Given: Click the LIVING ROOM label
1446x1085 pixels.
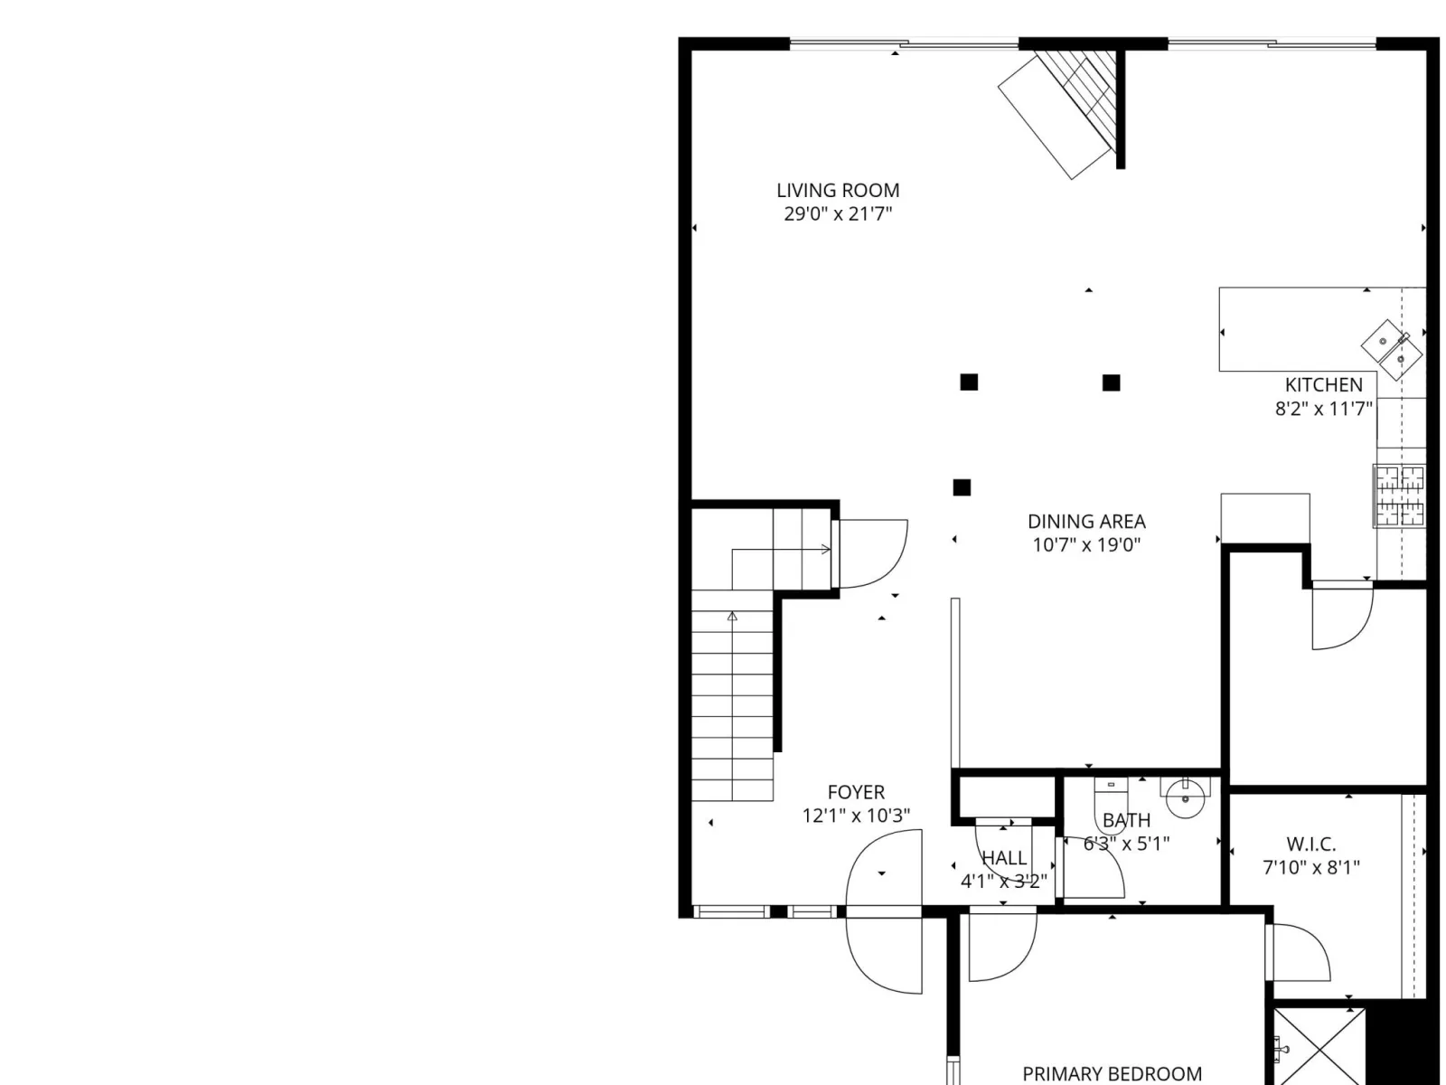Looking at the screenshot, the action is pos(837,191).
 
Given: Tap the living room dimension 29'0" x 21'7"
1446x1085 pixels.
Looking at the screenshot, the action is pos(837,214).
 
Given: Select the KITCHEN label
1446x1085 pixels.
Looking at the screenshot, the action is pos(1323,385).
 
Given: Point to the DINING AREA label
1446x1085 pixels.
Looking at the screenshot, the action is pos(1086,522).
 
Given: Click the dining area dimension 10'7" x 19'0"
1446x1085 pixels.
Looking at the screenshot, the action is pos(1086,545).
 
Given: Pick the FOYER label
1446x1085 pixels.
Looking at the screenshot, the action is pos(856,792).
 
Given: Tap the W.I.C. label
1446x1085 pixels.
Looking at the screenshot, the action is pos(1311,844).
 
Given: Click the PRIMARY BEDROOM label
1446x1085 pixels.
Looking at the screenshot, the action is pos(1112,1074).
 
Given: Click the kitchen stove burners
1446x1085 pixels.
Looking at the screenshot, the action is pos(1399,495).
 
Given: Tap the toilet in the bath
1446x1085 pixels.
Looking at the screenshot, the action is pos(1111,806).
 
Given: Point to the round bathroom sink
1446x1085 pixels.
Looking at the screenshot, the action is pos(1185,797).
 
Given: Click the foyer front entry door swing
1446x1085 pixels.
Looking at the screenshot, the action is pos(883,911).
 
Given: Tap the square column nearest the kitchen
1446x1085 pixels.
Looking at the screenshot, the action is pos(1111,382).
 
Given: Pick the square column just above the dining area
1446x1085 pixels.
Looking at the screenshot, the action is pos(962,487).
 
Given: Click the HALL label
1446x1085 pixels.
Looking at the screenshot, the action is pos(1004,858).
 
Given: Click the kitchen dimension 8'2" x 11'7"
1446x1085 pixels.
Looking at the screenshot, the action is pos(1323,409).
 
